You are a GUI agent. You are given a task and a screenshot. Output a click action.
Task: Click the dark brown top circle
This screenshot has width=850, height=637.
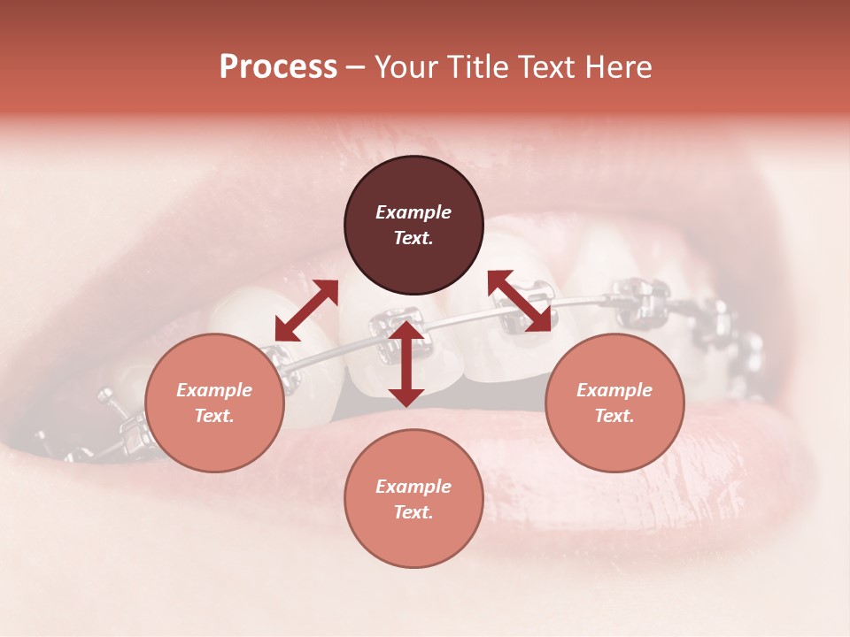pos(413,226)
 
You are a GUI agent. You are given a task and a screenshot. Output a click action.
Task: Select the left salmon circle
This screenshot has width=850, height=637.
pos(214,403)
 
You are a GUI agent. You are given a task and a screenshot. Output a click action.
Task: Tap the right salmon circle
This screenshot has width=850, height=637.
pos(614,403)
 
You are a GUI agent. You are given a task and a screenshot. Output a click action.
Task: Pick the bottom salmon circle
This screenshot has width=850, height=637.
pos(413,499)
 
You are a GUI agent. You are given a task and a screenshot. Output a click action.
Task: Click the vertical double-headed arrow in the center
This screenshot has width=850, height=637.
pos(406,364)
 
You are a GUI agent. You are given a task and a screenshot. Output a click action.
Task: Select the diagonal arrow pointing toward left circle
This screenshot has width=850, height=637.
pos(306,311)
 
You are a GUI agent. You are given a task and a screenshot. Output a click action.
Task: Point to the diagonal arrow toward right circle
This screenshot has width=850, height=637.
pos(520,301)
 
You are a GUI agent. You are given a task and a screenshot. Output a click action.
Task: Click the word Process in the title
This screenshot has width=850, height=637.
pos(278,67)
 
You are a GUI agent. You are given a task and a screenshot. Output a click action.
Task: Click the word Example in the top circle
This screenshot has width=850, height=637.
pos(413,212)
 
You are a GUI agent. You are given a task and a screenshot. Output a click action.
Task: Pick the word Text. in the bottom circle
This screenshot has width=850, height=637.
pos(413,512)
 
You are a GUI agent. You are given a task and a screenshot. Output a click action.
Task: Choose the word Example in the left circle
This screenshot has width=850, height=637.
pos(214,390)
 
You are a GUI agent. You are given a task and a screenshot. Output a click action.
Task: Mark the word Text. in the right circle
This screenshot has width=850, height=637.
pos(614,416)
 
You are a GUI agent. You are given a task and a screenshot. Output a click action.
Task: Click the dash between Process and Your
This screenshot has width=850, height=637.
pos(356,67)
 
